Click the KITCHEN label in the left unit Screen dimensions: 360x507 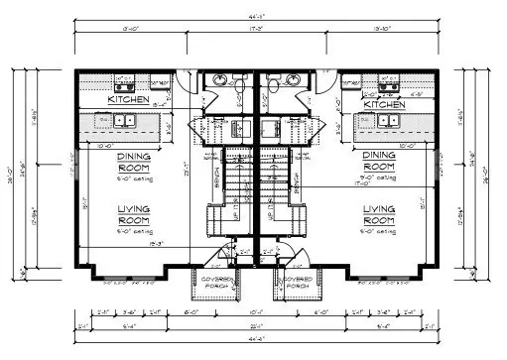point(129,100)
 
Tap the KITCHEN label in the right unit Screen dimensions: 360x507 point(385,104)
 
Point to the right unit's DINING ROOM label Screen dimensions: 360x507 point(379,162)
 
